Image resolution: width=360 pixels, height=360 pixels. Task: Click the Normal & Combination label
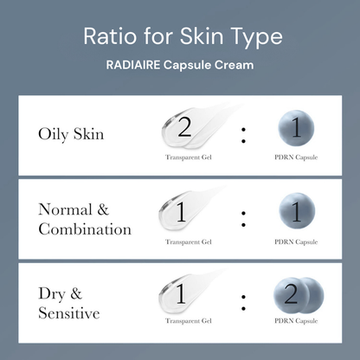pos(84,219)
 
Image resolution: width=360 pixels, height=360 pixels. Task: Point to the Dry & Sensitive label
pos(69,304)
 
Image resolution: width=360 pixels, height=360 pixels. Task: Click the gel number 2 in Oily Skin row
pos(183,128)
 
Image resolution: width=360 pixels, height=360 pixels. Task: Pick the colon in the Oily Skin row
pos(244,133)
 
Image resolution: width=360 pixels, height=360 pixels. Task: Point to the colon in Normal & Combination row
pos(244,217)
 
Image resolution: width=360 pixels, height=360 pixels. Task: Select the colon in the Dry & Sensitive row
pos(244,302)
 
